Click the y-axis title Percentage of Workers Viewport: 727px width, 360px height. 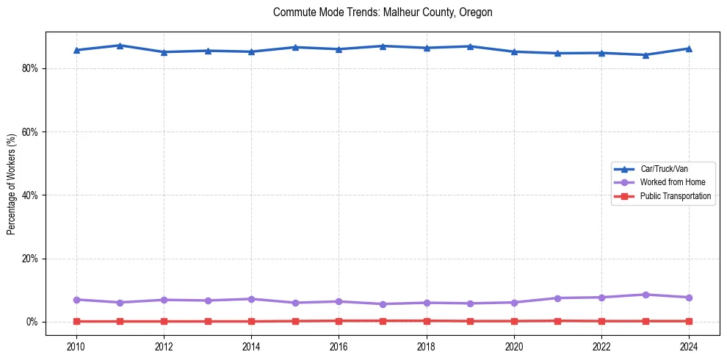point(12,184)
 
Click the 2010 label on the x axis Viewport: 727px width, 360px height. point(76,346)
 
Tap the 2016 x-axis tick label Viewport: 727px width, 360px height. point(339,346)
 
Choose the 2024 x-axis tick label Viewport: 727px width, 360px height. point(689,346)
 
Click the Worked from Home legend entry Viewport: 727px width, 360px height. point(669,182)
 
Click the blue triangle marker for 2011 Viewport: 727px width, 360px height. point(120,46)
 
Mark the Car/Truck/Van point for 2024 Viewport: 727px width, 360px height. point(689,48)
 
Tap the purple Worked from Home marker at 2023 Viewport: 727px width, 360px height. point(645,295)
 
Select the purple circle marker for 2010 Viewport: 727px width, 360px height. point(76,300)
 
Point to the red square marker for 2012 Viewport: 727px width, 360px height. point(164,321)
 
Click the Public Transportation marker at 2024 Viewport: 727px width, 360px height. point(689,321)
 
